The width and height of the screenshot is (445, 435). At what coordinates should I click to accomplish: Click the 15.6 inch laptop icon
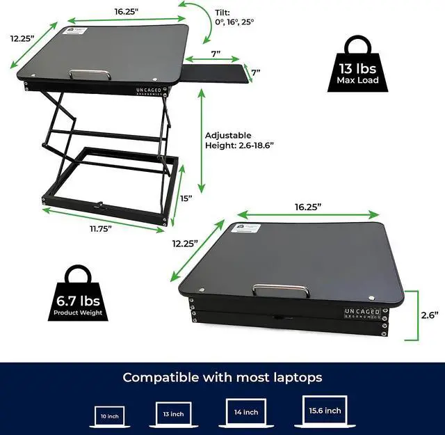tap(325, 411)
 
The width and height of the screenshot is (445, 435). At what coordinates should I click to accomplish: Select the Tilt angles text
tap(232, 17)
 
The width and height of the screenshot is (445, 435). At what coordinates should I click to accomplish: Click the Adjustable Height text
tap(239, 140)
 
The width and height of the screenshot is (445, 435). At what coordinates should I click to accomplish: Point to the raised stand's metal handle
tap(90, 74)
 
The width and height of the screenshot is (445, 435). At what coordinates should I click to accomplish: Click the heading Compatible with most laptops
tap(222, 377)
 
